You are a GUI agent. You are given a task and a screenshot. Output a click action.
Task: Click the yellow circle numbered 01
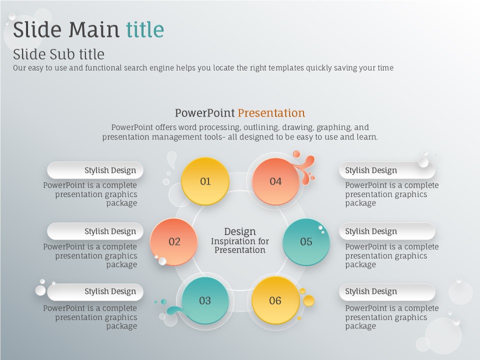[205, 181]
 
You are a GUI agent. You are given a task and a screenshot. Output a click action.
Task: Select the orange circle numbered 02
[174, 241]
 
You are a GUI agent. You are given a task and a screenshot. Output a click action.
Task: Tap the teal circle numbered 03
[205, 300]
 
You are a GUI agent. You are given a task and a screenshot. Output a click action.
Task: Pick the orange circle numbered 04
[275, 181]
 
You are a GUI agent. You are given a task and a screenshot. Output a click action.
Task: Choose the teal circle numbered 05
[306, 241]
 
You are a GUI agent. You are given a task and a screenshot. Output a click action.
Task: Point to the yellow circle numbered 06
[275, 300]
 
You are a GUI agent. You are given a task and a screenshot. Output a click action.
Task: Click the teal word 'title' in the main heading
[145, 29]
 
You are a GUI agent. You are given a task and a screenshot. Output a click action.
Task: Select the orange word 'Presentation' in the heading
[271, 113]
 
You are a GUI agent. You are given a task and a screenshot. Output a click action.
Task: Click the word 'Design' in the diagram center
[239, 231]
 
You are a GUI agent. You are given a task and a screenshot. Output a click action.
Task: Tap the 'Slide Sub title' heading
[59, 54]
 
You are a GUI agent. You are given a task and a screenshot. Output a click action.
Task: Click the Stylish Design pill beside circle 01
[95, 170]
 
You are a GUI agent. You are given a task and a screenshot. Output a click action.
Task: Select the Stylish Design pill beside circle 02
[95, 231]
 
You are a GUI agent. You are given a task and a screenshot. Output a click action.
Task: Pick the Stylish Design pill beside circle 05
[387, 231]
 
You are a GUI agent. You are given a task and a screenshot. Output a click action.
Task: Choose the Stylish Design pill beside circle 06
[387, 291]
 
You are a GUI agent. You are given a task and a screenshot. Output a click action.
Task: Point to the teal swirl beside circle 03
[175, 310]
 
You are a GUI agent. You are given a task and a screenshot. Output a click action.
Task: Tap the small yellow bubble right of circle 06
[308, 300]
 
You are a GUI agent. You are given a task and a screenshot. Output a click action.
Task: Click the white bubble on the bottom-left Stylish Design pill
[40, 290]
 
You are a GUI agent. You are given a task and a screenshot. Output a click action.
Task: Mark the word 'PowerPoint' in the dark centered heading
[205, 113]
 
